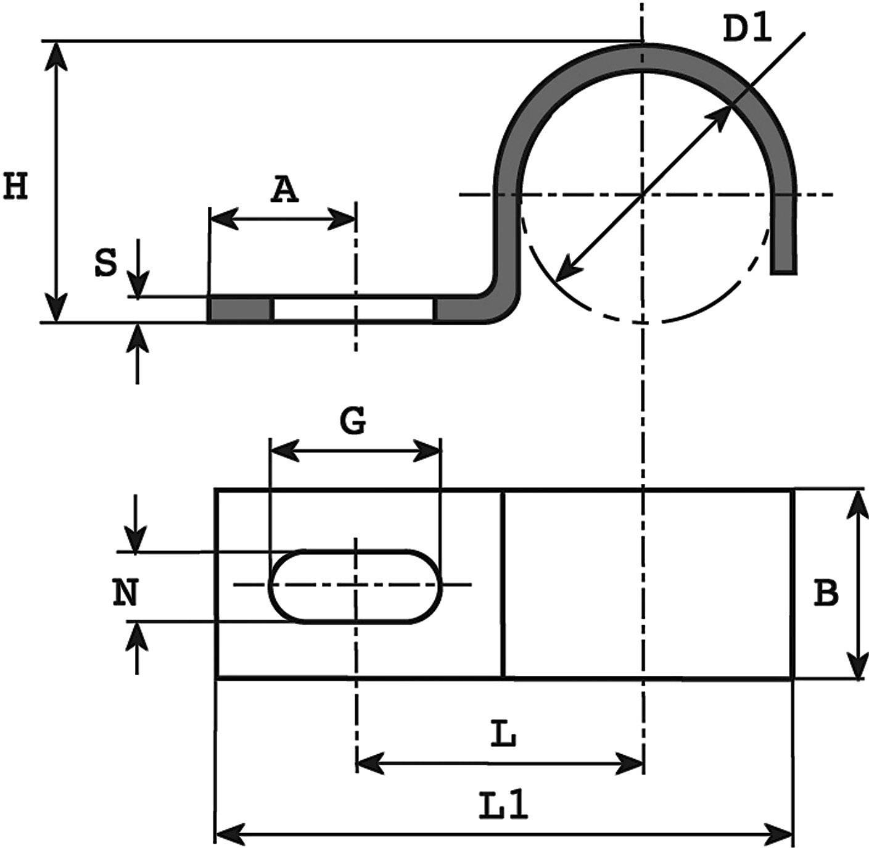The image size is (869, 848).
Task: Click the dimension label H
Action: click(16, 186)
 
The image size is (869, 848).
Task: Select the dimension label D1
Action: click(747, 29)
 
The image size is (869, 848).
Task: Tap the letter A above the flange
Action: click(284, 190)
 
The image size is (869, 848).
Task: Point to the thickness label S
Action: click(105, 264)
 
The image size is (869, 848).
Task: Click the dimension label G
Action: click(353, 422)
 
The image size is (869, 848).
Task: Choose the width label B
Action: click(826, 593)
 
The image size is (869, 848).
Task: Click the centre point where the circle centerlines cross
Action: click(643, 195)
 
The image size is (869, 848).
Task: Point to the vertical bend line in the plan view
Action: click(504, 583)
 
